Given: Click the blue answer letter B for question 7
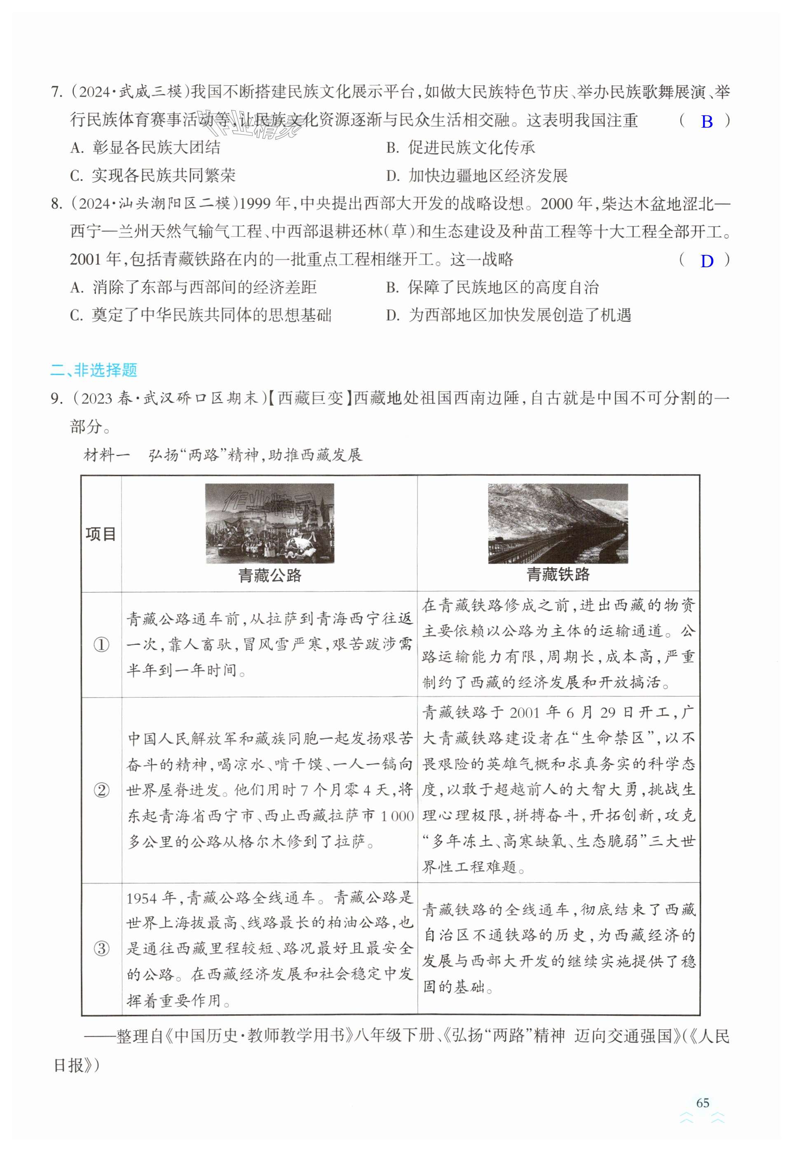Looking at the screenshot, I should coord(707,121).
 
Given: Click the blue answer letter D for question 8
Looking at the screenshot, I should coord(707,261).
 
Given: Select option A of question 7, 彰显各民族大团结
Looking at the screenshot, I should coord(145,148).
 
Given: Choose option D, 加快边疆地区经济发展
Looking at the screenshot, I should coord(477,175).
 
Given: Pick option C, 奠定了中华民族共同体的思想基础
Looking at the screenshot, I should coord(201,315).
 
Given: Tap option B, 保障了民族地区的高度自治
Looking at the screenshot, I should coord(492,288).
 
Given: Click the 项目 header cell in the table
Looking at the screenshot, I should coord(101,534).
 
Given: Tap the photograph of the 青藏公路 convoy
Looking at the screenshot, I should coord(269,523).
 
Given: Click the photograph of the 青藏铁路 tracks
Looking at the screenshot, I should coord(558,523).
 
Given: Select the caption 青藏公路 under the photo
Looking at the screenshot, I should coord(269,575).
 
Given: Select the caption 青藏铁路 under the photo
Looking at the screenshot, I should coord(558,575).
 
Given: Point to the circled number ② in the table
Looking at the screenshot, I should coord(101,790).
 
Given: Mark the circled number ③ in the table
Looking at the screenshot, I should coord(101,949).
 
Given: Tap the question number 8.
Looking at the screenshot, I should coord(56,204).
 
